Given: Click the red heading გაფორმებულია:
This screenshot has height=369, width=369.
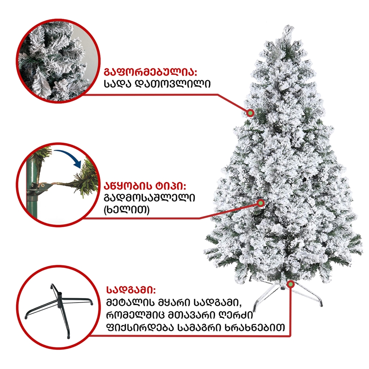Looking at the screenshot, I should pyautogui.click(x=151, y=70).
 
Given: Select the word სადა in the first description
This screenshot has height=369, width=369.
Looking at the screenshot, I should pyautogui.click(x=118, y=84).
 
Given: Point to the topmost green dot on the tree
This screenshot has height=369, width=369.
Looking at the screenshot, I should pyautogui.click(x=250, y=113).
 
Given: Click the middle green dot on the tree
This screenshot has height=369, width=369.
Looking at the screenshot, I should pyautogui.click(x=261, y=203).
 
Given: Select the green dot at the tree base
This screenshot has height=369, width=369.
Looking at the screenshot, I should pyautogui.click(x=291, y=284).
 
